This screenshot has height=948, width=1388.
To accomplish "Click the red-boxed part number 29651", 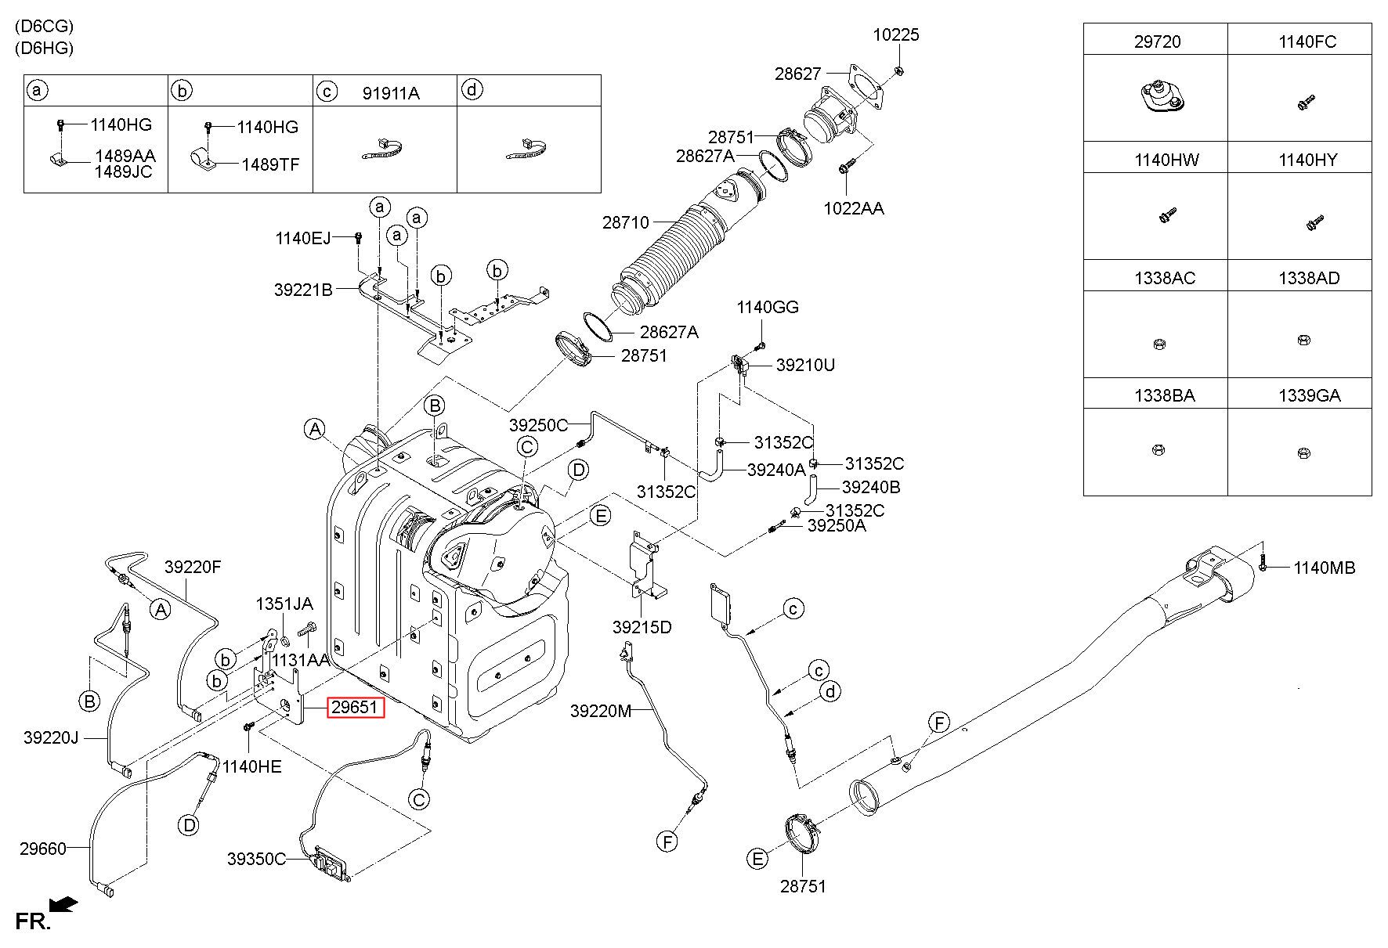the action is coord(355,708).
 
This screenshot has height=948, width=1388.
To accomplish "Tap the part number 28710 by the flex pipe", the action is coord(626,222).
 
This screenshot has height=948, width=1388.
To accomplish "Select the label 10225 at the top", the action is coord(897,34).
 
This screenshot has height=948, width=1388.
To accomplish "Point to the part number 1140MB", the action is coord(1324,568).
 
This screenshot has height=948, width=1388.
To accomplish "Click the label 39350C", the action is coord(257,859).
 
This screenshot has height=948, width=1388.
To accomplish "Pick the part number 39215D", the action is coord(642,627).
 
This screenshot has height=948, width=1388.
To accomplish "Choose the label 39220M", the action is coord(601,711).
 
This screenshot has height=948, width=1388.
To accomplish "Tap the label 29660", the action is coord(43,848).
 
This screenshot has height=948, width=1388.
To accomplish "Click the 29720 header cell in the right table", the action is coord(1157,41).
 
